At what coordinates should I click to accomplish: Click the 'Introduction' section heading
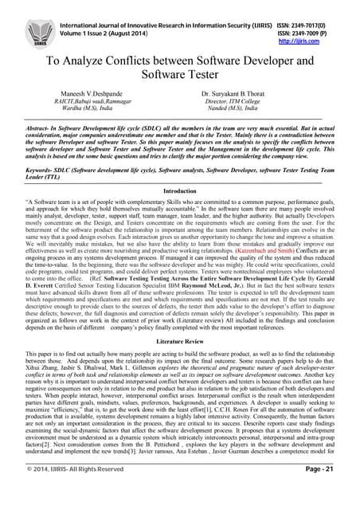pyautogui.click(x=180, y=192)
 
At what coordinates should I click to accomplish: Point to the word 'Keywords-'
pyautogui.click(x=43, y=169)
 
